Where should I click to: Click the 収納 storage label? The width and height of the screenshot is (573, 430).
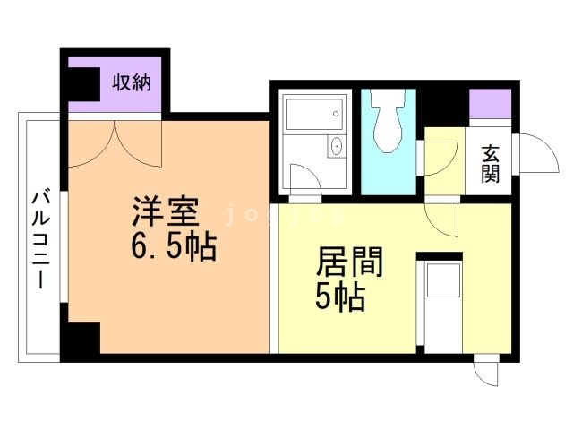click(x=131, y=83)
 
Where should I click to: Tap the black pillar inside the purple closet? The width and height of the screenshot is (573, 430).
click(x=81, y=82)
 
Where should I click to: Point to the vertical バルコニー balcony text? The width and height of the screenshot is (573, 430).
click(x=41, y=238)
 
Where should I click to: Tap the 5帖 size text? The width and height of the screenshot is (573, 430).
click(x=340, y=297)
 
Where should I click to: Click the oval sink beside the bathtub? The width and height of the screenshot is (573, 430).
click(x=337, y=147)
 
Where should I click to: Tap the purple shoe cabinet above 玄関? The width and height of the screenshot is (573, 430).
click(x=490, y=103)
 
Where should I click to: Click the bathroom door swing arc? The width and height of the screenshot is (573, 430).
click(x=304, y=182)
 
